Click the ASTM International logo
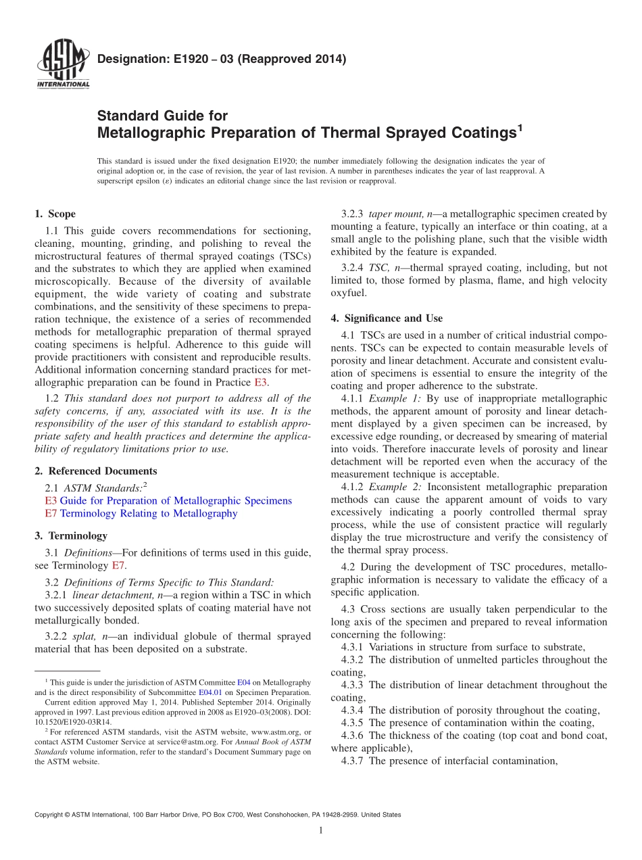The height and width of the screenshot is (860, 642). [x=62, y=66]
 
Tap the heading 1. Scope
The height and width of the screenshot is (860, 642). [x=55, y=214]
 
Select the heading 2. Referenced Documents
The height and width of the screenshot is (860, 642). [x=95, y=471]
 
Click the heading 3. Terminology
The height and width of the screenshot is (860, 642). [x=71, y=535]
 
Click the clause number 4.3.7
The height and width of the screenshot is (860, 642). [x=353, y=761]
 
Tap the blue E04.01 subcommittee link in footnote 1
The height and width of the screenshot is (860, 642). [x=207, y=692]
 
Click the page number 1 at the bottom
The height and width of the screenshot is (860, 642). [x=321, y=830]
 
